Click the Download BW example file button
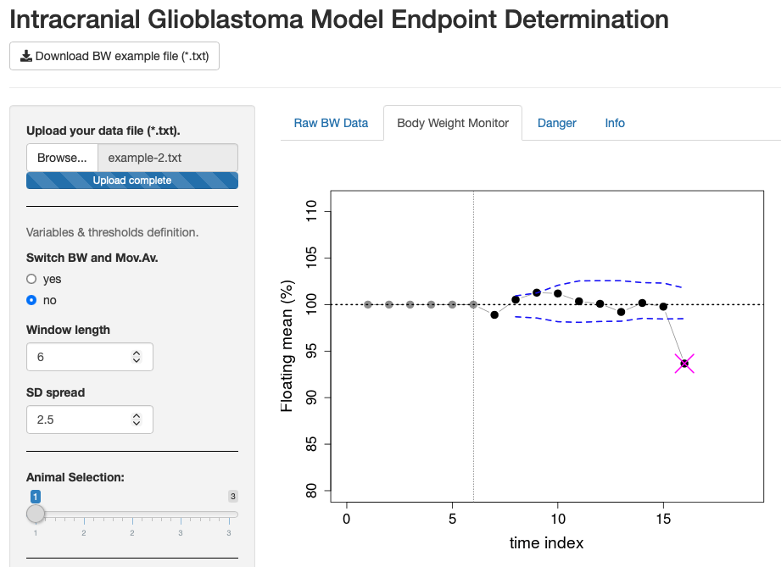pyautogui.click(x=114, y=56)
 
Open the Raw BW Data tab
pyautogui.click(x=331, y=123)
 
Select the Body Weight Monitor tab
pyautogui.click(x=453, y=123)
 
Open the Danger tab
pyautogui.click(x=556, y=123)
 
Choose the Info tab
pyautogui.click(x=615, y=123)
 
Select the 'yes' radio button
pyautogui.click(x=32, y=279)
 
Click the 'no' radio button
pyautogui.click(x=32, y=300)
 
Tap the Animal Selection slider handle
pyautogui.click(x=36, y=514)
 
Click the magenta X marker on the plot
pyautogui.click(x=684, y=364)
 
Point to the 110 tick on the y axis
pyautogui.click(x=310, y=212)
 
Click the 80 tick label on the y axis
pyautogui.click(x=310, y=491)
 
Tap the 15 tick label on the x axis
pyautogui.click(x=663, y=518)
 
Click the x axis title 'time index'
pyautogui.click(x=546, y=543)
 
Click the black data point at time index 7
pyautogui.click(x=494, y=314)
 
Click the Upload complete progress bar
pyautogui.click(x=132, y=181)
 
